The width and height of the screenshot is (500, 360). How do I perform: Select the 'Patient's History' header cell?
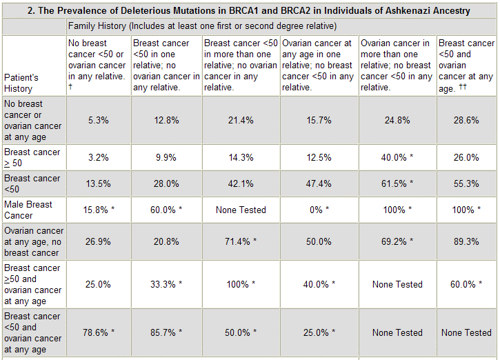(x=21, y=83)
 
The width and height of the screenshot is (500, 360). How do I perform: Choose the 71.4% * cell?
(x=241, y=241)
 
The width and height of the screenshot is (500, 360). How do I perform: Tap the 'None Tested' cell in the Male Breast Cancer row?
(x=241, y=210)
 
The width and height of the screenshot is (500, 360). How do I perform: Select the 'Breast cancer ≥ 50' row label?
(x=32, y=157)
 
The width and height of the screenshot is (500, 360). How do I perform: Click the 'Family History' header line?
(x=202, y=26)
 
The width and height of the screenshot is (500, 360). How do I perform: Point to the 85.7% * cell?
(x=165, y=332)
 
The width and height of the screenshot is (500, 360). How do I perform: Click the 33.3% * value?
(x=165, y=284)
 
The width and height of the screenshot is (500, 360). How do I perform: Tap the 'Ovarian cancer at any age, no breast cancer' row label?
(x=33, y=241)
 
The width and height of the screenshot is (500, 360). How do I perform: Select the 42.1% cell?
(x=241, y=183)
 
